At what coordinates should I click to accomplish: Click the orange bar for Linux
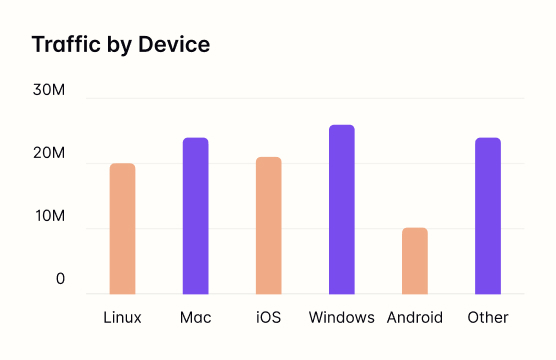[x=122, y=229]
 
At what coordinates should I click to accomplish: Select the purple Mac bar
[x=195, y=216]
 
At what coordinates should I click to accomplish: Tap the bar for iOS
[x=268, y=226]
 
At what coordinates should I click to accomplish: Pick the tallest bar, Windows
[x=341, y=210]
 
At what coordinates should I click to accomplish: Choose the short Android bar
[x=414, y=261]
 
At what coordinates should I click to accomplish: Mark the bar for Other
[x=487, y=216]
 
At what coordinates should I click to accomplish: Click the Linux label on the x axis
[x=122, y=318]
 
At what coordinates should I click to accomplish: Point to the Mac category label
[x=195, y=318]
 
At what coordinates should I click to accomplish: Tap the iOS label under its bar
[x=268, y=318]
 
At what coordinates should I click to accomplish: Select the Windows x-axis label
[x=341, y=318]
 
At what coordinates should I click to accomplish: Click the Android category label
[x=414, y=318]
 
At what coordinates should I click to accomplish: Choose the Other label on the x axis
[x=487, y=318]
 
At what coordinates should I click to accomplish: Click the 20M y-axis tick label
[x=48, y=155]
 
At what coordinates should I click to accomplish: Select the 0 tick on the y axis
[x=60, y=280]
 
